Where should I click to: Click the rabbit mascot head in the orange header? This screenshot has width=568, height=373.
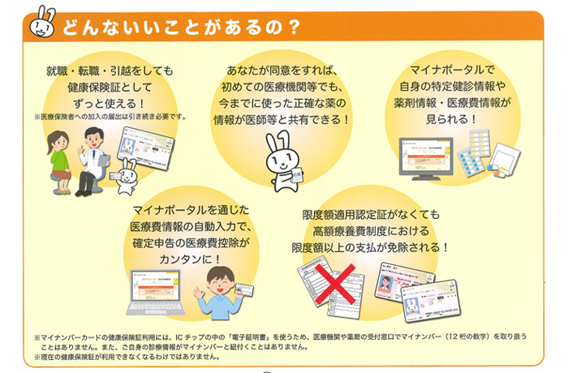coord(42,23)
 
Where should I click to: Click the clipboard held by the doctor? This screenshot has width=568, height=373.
coord(104,160)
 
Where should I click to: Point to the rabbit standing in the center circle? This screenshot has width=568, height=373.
coord(284,161)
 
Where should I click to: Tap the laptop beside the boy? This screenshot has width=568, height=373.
coord(156,292)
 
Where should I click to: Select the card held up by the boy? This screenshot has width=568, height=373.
coord(244,290)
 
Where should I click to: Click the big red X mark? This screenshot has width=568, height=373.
coord(335,285)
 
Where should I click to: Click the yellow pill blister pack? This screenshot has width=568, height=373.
coord(480,143)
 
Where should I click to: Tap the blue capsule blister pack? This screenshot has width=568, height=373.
coord(470,162)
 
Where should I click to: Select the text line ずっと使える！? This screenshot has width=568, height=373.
coord(110,104)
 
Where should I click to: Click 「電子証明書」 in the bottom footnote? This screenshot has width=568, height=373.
coord(251,337)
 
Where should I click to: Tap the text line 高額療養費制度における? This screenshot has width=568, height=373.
coord(371,230)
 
